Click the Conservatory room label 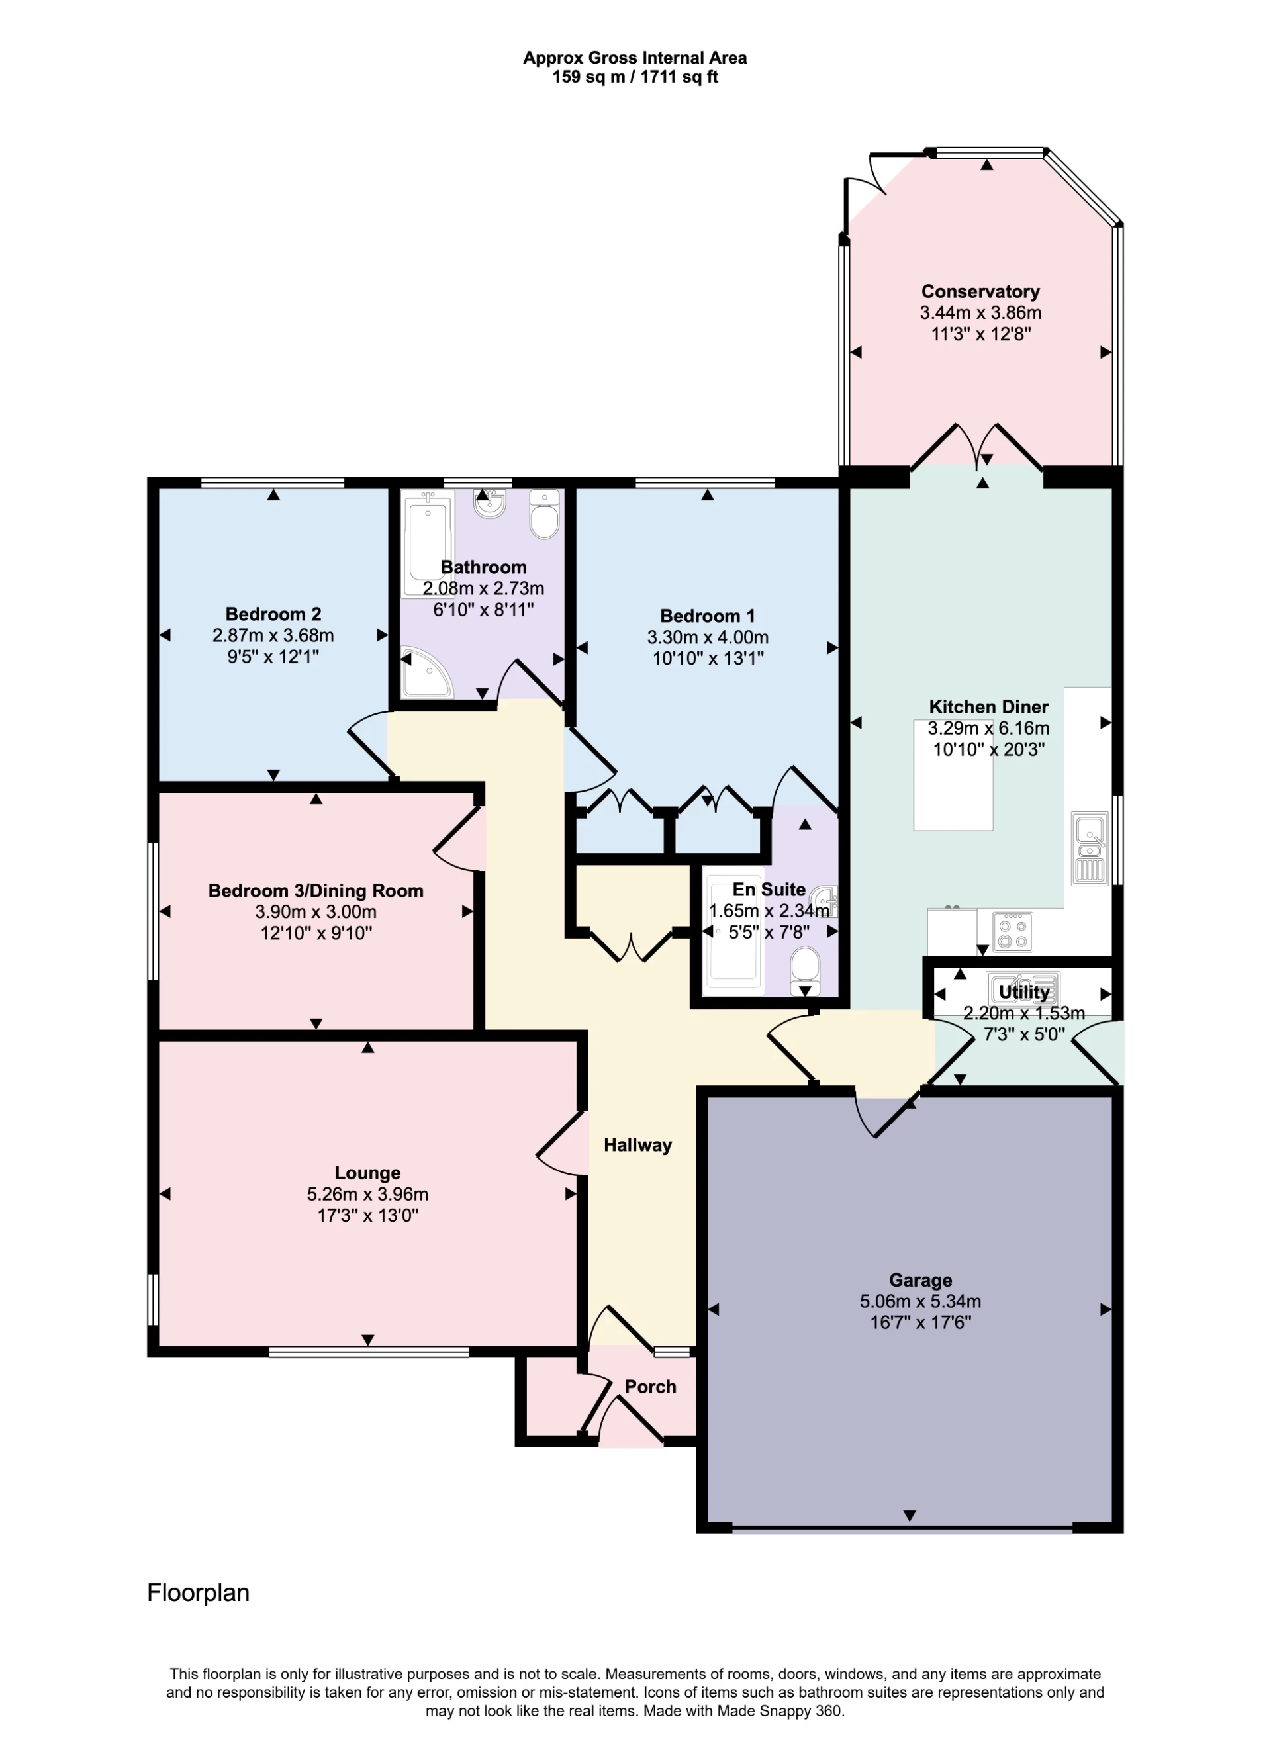point(980,292)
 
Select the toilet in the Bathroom point(545,516)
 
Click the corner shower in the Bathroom point(426,673)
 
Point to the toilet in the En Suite point(805,971)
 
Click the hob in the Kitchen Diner point(1012,932)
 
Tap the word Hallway point(637,1146)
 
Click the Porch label point(650,1387)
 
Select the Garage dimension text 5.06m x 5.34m point(920,1302)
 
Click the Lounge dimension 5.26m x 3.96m point(367,1195)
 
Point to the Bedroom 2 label point(273,614)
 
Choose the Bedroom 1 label point(707,616)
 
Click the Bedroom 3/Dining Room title point(316,891)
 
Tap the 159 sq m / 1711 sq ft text point(635,77)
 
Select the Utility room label point(1023,992)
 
